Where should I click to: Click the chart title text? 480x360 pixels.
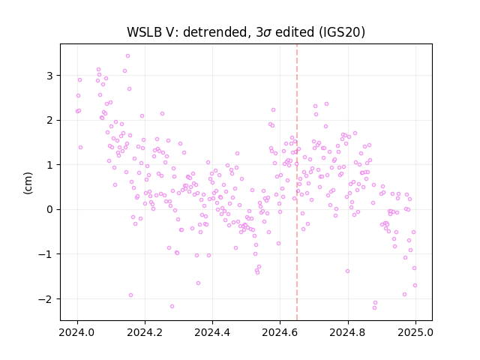click(246, 31)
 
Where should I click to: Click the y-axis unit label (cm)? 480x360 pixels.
click(28, 183)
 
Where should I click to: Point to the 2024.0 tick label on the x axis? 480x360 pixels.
click(77, 332)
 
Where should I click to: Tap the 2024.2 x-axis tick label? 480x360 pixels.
click(145, 332)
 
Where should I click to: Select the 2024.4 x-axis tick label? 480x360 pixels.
click(212, 332)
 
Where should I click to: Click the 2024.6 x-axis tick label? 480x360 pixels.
click(280, 332)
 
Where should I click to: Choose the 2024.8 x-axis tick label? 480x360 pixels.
click(347, 332)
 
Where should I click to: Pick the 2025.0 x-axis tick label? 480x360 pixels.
click(415, 332)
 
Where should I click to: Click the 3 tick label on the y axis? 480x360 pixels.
click(50, 76)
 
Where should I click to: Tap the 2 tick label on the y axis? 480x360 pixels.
click(50, 120)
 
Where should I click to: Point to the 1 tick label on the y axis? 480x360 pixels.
click(50, 165)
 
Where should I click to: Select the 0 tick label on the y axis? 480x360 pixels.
click(50, 210)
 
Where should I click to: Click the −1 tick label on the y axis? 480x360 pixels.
click(46, 254)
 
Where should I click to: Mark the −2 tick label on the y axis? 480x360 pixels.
click(46, 298)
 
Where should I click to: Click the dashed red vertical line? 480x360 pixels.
click(297, 182)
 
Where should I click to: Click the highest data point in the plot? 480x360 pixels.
click(128, 56)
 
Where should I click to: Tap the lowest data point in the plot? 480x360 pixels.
click(374, 308)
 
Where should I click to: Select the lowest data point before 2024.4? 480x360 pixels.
click(172, 307)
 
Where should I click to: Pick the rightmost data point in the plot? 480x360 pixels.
click(415, 286)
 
